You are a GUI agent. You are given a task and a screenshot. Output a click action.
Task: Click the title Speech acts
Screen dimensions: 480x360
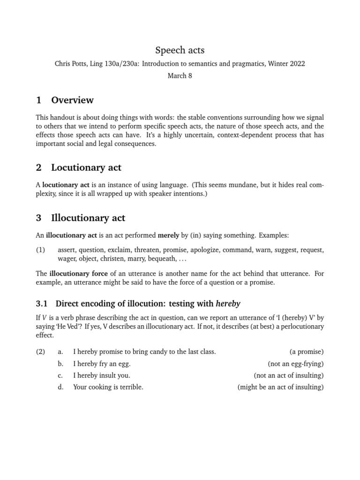pos(180,50)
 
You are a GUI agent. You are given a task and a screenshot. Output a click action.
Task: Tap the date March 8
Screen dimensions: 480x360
pos(180,76)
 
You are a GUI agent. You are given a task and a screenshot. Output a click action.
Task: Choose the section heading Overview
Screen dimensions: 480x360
pos(72,100)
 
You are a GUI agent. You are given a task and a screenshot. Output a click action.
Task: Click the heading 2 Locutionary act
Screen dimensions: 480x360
pos(78,167)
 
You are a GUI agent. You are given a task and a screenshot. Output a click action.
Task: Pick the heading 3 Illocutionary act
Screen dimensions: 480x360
pos(80,218)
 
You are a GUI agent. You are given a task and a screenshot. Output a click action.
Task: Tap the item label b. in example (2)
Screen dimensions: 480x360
pos(60,364)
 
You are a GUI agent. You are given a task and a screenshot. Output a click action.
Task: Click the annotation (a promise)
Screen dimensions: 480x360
pos(307,352)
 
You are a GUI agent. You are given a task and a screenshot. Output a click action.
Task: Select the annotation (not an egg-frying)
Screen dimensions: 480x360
pos(296,364)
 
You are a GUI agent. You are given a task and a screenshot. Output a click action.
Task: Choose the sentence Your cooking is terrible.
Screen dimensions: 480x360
pos(108,387)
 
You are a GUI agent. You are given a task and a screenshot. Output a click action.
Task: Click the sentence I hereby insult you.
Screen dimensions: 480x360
pos(102,375)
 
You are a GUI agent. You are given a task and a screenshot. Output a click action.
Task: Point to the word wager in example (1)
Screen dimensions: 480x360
pos(67,258)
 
